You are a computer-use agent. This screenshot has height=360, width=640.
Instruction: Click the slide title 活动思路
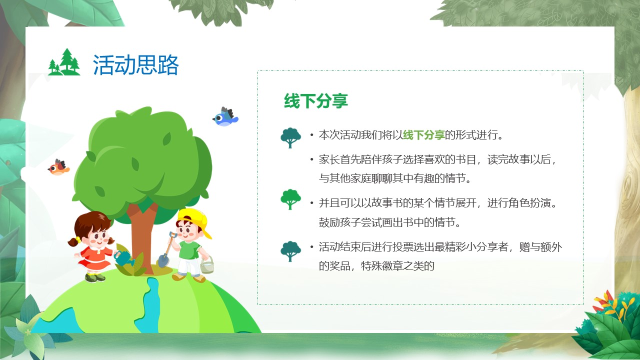(x=135, y=65)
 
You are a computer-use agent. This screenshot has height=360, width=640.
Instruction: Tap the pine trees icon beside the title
(x=64, y=62)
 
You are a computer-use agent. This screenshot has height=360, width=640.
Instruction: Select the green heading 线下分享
(x=315, y=101)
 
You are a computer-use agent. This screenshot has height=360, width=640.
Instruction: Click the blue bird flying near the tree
(x=225, y=117)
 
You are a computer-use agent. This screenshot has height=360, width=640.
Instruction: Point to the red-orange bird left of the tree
(x=58, y=167)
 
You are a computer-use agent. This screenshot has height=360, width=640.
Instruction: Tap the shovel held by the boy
(x=166, y=250)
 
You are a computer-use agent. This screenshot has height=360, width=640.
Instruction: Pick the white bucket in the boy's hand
(x=207, y=265)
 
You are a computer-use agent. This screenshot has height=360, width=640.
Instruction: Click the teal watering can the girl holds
(x=124, y=257)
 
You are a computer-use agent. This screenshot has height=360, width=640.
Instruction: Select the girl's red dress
(x=94, y=258)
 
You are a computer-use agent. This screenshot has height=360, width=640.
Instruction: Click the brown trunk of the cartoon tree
(x=143, y=237)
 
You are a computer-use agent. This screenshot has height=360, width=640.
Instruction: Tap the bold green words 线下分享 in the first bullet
(x=423, y=135)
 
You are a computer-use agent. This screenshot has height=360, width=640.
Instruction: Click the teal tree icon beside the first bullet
(x=290, y=137)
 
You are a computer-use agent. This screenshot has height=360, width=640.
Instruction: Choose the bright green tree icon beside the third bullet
(x=290, y=199)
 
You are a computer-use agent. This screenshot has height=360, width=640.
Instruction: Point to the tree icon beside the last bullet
(x=290, y=251)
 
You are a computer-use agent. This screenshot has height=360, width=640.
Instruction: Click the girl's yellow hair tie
(x=78, y=239)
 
